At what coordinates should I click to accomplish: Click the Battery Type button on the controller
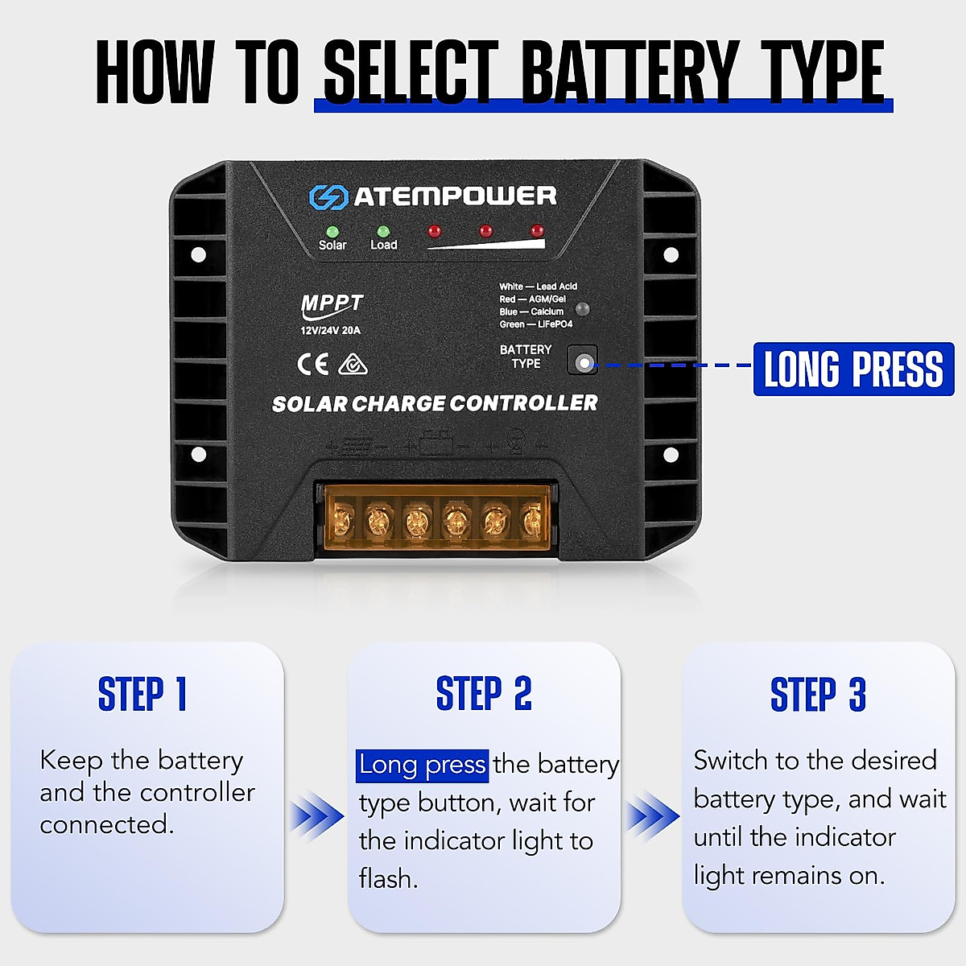(583, 361)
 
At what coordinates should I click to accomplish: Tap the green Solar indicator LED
(332, 232)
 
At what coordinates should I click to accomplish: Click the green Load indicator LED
(383, 232)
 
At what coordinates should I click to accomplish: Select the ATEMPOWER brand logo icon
(328, 197)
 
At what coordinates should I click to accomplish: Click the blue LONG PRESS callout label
(853, 369)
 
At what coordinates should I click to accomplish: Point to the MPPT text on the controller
(332, 304)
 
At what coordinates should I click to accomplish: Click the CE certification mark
(313, 365)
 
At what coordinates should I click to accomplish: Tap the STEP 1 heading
(142, 694)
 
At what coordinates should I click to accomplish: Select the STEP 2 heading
(484, 694)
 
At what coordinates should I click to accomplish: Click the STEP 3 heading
(818, 694)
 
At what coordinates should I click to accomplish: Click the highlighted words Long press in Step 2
(422, 765)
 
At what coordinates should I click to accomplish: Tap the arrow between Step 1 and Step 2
(316, 816)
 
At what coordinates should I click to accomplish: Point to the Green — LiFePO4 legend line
(535, 324)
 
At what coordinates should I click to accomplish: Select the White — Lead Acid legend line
(538, 287)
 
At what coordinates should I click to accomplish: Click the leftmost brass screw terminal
(341, 522)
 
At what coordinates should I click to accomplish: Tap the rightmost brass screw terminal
(531, 522)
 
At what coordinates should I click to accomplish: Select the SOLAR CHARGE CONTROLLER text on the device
(435, 403)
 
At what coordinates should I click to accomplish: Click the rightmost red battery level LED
(537, 231)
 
